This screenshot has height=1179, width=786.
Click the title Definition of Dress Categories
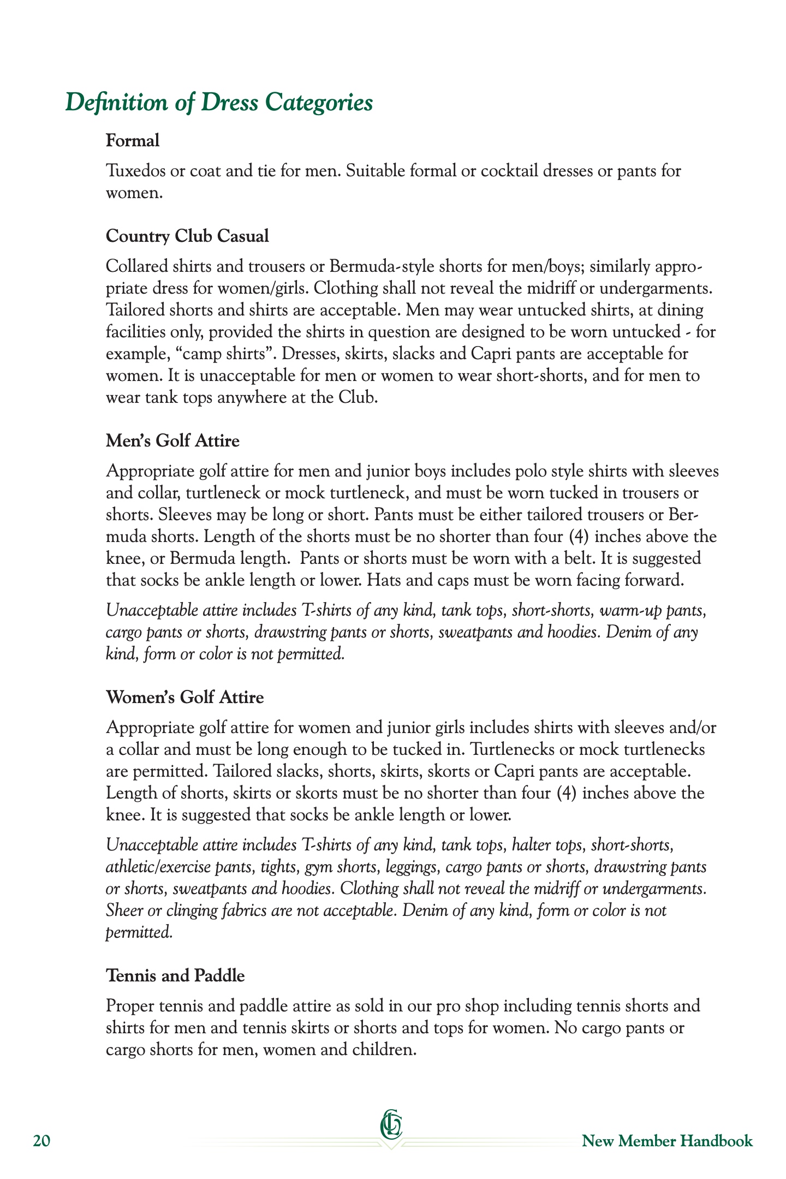coord(219,103)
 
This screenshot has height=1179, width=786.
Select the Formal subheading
coord(133,141)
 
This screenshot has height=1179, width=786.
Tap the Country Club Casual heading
coord(187,236)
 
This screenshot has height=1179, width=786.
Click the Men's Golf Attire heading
coord(172,440)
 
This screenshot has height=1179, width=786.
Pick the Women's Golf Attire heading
coord(184,697)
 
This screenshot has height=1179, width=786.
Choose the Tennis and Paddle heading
coord(175,975)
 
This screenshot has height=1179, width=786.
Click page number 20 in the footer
coord(41,1141)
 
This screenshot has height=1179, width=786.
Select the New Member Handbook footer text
coord(667,1141)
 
